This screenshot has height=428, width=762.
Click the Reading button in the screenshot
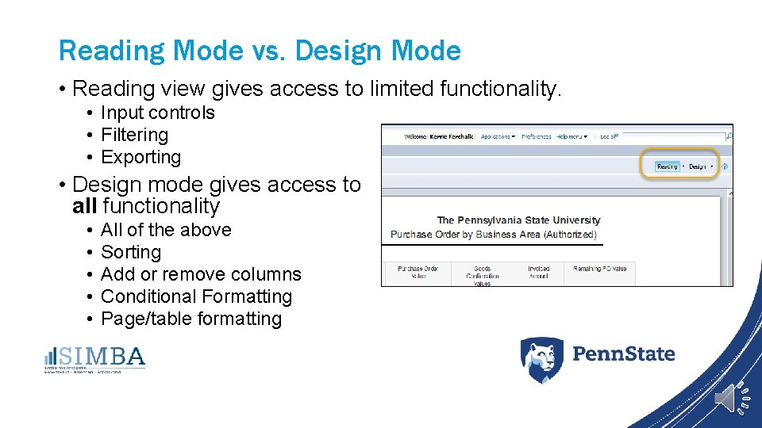coord(667,166)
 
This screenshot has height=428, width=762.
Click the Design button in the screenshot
coord(698,166)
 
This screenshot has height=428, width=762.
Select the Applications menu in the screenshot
coord(497,136)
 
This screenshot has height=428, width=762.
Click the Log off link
coord(609,136)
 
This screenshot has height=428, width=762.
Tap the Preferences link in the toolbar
coord(537,136)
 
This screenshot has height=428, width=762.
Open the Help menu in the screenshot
coord(571,136)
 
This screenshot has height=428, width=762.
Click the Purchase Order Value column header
coord(418,272)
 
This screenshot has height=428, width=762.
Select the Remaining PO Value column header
coord(599,269)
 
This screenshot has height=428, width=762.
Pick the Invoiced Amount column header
coord(538,272)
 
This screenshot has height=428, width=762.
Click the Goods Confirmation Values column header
coord(482,275)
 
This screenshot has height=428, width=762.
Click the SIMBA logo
coord(94,358)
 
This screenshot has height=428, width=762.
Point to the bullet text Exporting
coord(140,157)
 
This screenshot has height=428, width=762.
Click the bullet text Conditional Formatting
coord(196,296)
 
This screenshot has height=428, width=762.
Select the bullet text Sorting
coord(131,252)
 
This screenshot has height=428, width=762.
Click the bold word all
coord(85,206)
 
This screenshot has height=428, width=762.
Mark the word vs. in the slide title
coord(268,52)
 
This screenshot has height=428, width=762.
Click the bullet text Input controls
coord(157,113)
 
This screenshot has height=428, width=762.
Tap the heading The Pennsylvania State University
coord(518,220)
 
